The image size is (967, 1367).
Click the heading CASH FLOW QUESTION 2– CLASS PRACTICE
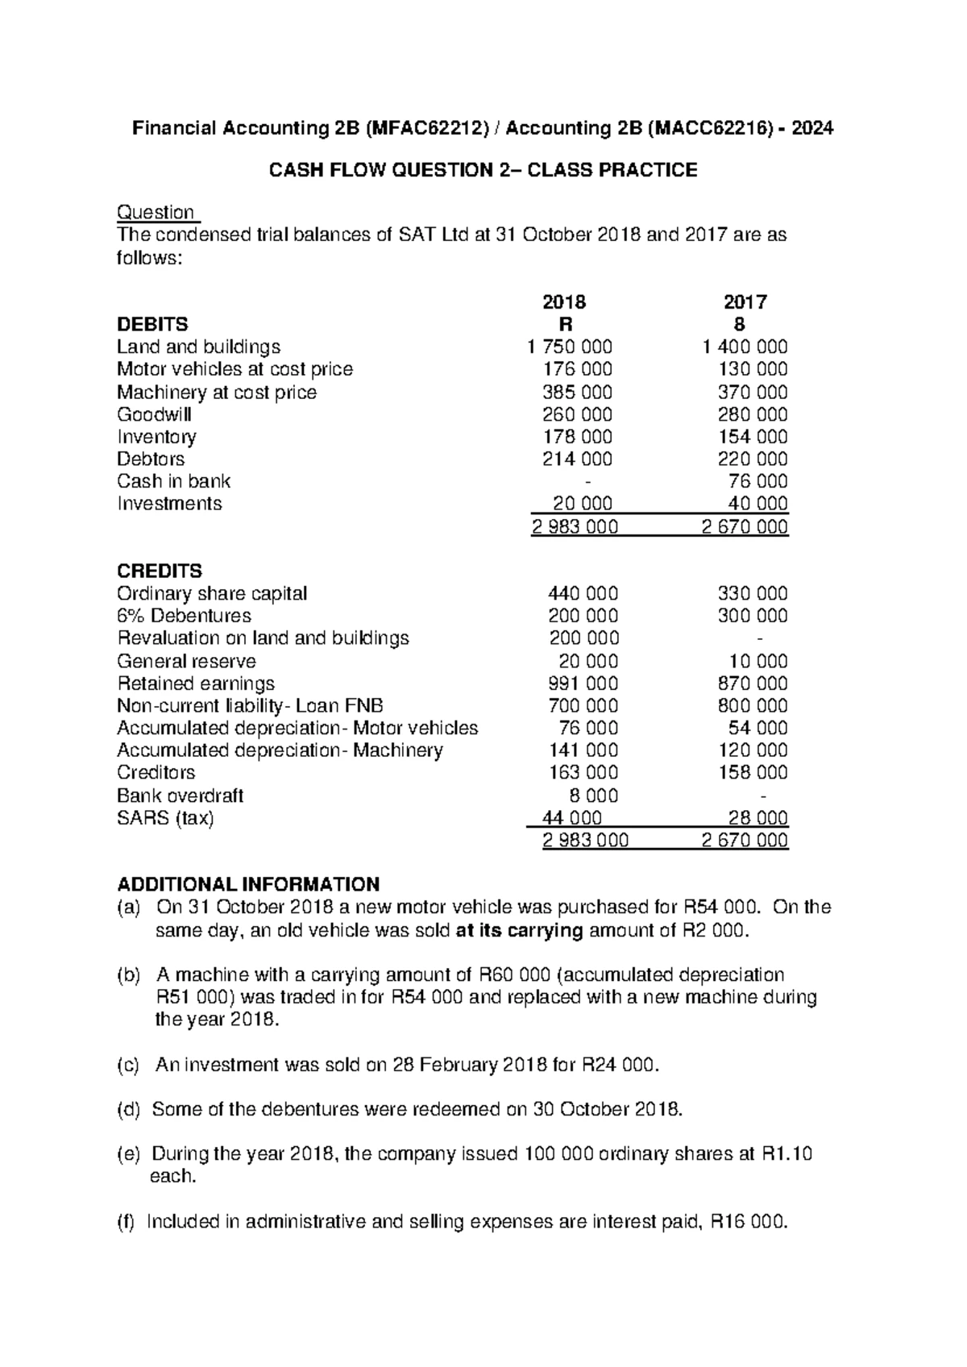tap(483, 170)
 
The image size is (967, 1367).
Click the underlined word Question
tap(156, 213)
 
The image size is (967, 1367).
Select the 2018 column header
tap(564, 302)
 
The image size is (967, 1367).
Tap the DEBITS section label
tap(152, 324)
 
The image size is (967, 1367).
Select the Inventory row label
tap(156, 437)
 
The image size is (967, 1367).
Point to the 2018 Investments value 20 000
tap(582, 504)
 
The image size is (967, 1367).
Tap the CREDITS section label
tap(160, 571)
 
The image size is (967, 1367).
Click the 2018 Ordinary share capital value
tap(583, 594)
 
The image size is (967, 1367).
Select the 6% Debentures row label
tap(185, 616)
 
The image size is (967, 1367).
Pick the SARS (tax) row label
tap(165, 818)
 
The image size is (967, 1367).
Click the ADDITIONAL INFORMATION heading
tap(248, 883)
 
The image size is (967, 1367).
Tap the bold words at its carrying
tap(519, 931)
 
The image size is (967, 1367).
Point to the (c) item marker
tap(129, 1065)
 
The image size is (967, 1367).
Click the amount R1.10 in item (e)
tap(786, 1154)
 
